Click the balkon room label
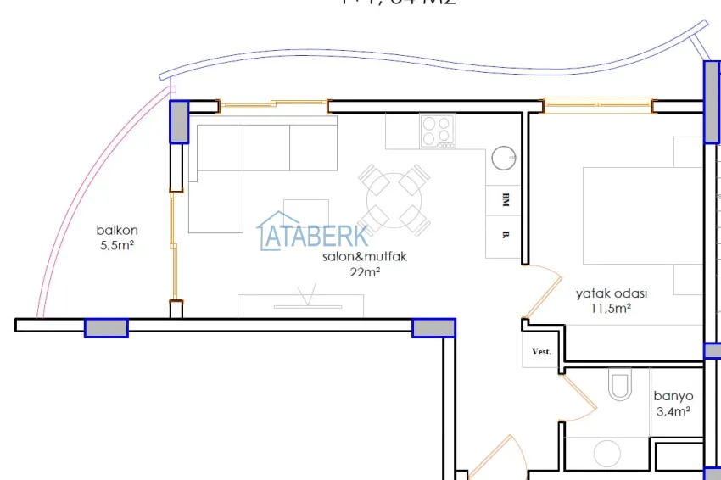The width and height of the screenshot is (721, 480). (117, 230)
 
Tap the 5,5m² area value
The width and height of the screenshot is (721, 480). (117, 245)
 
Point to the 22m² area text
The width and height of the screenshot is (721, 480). (365, 272)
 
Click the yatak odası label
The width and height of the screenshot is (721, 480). (611, 293)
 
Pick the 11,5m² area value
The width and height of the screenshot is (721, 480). (611, 309)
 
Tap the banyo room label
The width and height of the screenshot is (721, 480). (673, 396)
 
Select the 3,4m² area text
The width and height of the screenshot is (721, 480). (672, 412)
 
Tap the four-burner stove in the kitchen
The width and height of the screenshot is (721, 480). (438, 131)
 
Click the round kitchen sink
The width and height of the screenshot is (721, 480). (503, 157)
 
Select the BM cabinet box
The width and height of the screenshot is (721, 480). (504, 200)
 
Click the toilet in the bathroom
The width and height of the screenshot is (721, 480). (620, 385)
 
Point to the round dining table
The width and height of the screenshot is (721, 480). (394, 200)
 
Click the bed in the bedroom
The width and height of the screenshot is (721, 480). (640, 217)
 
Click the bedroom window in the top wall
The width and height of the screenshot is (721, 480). (597, 106)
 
